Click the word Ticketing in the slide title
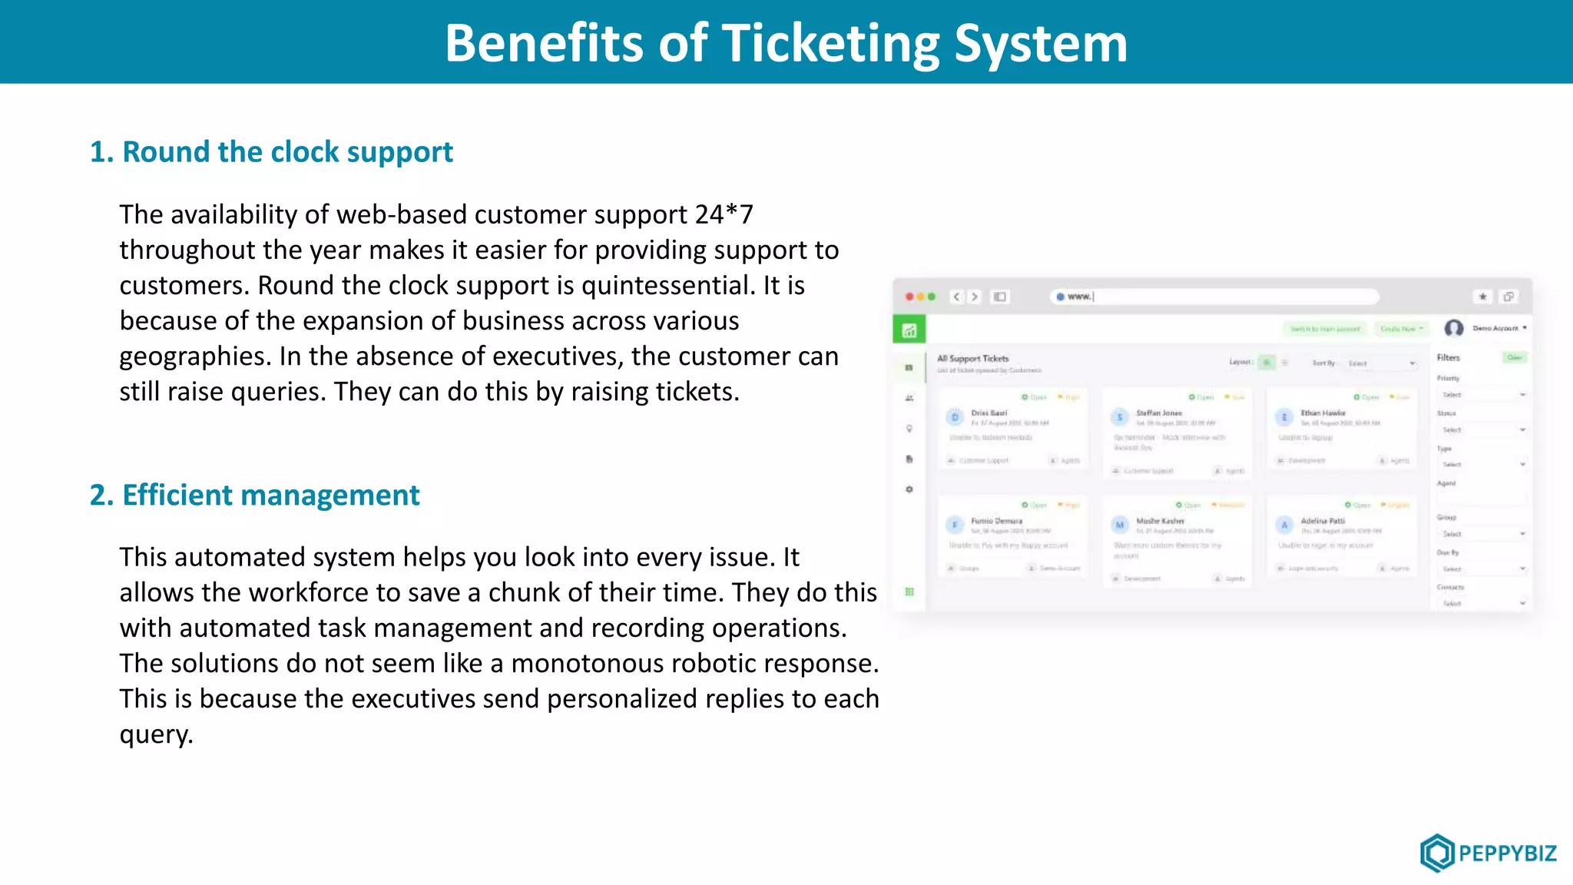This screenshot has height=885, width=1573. pos(830,43)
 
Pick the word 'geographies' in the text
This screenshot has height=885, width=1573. pos(195,356)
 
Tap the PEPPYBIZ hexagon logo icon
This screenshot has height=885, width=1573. pos(1436,852)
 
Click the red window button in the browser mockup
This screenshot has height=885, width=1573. pos(909,297)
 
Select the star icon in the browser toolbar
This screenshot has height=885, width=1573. pos(1483,297)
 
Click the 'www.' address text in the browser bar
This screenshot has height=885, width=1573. pos(1079,297)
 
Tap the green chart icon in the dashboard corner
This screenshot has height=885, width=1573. pos(909,330)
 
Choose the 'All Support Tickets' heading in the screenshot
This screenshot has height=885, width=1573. pos(972,359)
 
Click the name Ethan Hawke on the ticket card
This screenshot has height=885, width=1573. pos(1323,413)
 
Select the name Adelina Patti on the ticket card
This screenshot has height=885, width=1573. pos(1323,521)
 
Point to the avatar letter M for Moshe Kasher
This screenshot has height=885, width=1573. pos(1120,525)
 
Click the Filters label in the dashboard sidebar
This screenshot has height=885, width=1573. pos(1448,358)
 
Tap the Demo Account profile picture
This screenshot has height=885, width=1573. pos(1453,329)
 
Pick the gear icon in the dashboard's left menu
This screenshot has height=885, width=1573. pos(909,489)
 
